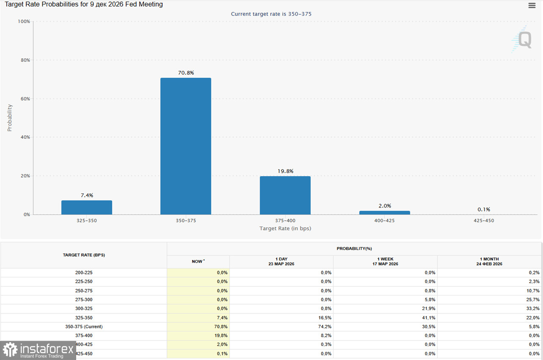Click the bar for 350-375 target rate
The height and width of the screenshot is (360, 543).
click(x=185, y=146)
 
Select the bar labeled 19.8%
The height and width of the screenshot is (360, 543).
click(x=285, y=195)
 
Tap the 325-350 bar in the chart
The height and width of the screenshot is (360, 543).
click(x=86, y=208)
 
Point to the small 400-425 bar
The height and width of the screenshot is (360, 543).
click(x=384, y=213)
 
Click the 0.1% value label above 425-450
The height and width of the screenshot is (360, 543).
click(x=483, y=209)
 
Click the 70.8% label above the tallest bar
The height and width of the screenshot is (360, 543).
click(x=186, y=73)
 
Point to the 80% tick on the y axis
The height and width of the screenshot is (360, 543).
click(x=25, y=60)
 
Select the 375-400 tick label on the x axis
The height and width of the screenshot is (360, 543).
click(x=285, y=221)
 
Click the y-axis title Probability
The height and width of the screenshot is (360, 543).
click(x=10, y=118)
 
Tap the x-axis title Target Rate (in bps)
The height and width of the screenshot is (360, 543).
click(x=285, y=229)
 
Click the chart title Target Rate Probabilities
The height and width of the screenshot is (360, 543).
click(x=84, y=5)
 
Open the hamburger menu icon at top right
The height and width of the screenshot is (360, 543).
click(x=532, y=6)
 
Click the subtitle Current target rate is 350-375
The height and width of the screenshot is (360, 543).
click(x=271, y=14)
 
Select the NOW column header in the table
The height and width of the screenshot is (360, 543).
click(x=198, y=262)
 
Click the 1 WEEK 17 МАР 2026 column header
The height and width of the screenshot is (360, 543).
click(x=385, y=261)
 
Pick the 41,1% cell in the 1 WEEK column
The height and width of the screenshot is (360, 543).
click(x=429, y=318)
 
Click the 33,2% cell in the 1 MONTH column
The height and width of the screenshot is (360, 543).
click(x=533, y=309)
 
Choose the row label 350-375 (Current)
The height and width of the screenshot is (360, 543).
click(x=84, y=327)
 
